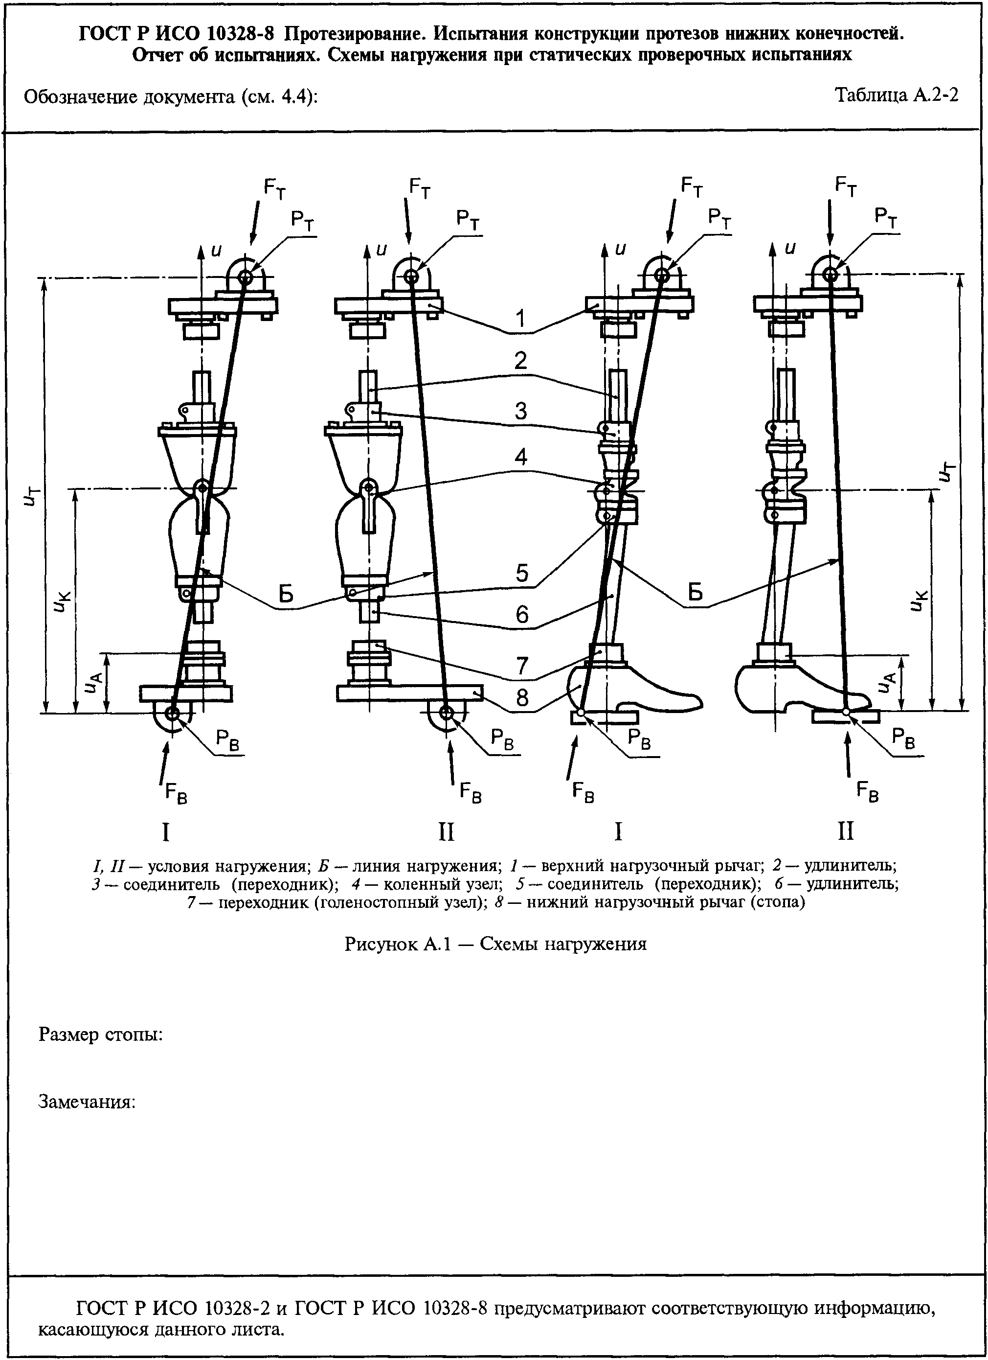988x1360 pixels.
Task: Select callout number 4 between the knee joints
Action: pos(521,457)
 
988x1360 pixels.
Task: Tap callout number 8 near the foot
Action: pos(522,698)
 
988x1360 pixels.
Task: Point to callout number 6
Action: pos(522,615)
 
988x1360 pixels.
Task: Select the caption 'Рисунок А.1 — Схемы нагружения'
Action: pos(495,944)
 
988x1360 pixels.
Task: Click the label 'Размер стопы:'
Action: pos(101,1035)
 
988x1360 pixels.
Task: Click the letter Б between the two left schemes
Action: pos(287,594)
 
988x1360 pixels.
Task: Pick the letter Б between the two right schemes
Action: pos(695,593)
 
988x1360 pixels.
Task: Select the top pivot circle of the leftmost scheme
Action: pos(245,277)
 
